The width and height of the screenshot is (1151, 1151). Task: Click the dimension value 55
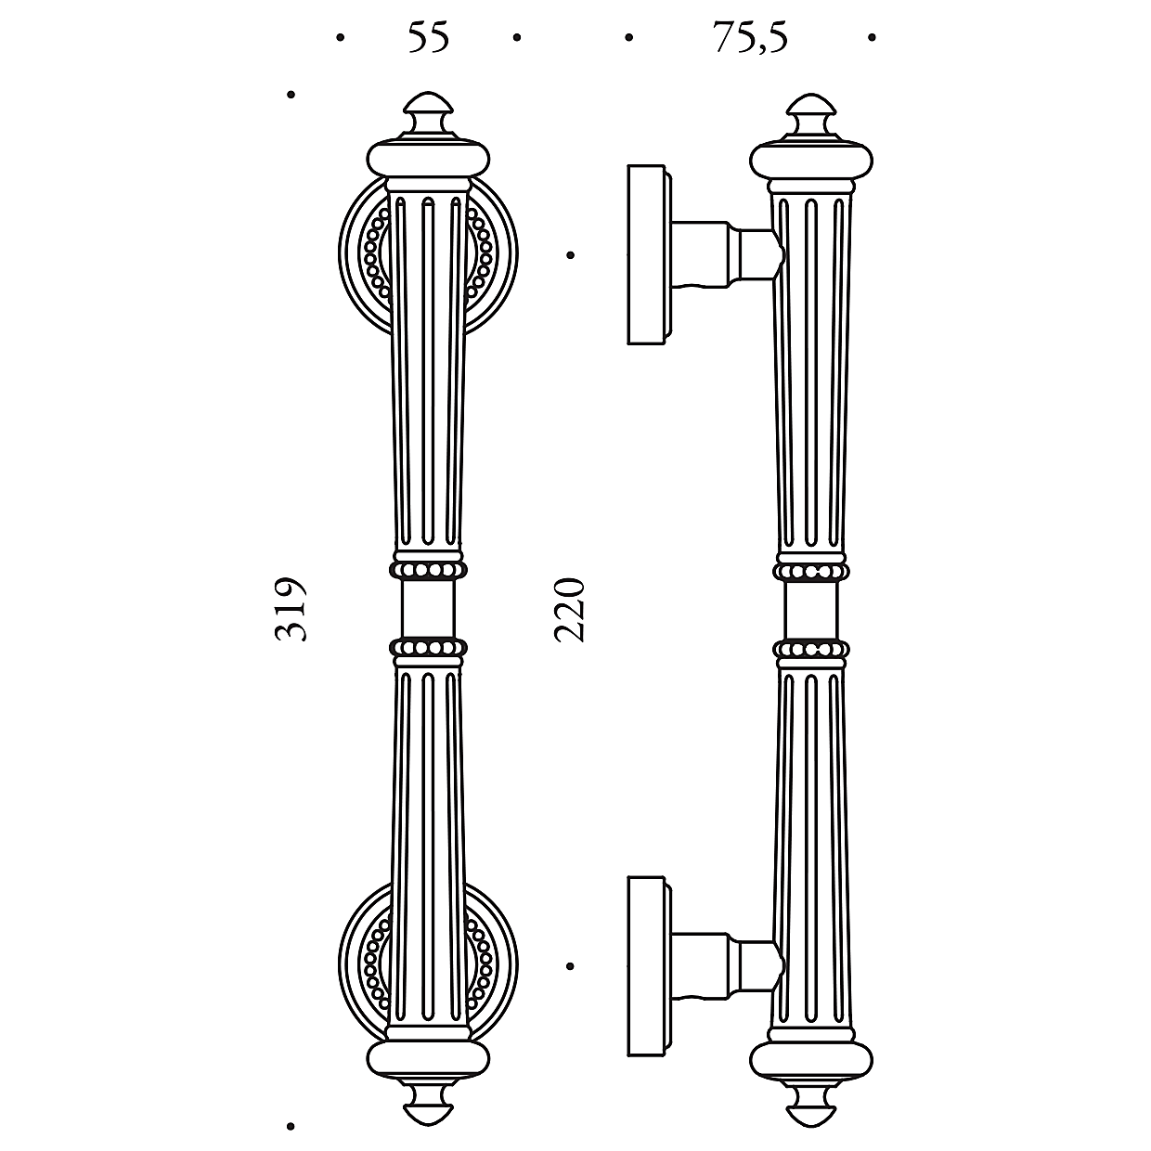[x=428, y=37]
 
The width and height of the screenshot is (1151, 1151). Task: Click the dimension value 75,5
[x=750, y=37]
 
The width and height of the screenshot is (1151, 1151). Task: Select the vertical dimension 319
[x=291, y=609]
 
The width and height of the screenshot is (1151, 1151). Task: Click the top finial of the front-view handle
[x=428, y=114]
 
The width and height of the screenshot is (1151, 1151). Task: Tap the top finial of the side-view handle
[x=811, y=114]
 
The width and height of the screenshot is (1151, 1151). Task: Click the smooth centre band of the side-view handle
[x=811, y=609]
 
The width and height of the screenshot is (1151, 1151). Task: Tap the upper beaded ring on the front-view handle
[x=428, y=569]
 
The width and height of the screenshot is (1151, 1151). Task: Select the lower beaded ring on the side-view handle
[x=811, y=649]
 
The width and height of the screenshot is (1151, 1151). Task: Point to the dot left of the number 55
[x=341, y=38]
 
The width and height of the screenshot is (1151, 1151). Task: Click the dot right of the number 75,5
[x=872, y=38]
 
